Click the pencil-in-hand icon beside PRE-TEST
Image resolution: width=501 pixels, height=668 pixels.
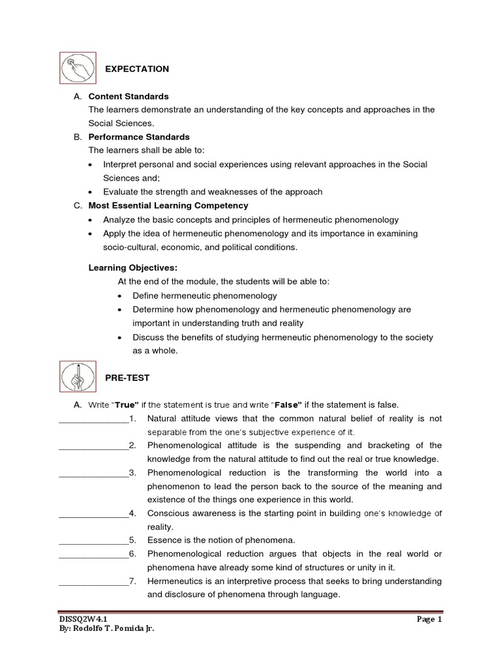click(x=77, y=376)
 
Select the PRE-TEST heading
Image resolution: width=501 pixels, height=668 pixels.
click(x=127, y=378)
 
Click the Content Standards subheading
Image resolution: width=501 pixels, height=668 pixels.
click(x=129, y=97)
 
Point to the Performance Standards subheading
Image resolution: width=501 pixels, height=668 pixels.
click(x=139, y=137)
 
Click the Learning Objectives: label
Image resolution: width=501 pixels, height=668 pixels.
click(x=132, y=267)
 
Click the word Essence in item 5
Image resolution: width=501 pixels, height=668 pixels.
click(x=164, y=540)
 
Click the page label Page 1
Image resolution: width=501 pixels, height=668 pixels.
click(x=429, y=619)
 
